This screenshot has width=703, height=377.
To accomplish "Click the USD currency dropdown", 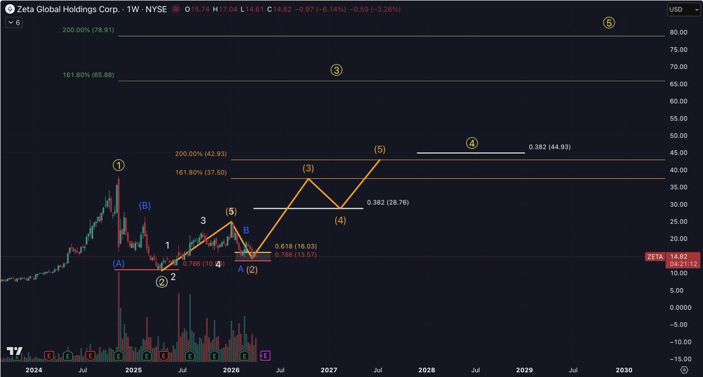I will click(x=683, y=9).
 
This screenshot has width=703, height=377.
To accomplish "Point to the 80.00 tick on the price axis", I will click(x=679, y=32).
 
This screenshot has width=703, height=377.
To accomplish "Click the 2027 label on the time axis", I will click(x=329, y=370).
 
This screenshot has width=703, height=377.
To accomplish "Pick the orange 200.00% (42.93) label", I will click(x=200, y=154).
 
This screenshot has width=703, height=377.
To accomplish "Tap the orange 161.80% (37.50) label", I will click(x=200, y=173).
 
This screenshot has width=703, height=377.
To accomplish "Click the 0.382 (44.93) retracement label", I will click(x=549, y=147).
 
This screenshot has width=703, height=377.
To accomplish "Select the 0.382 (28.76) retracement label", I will click(x=387, y=203).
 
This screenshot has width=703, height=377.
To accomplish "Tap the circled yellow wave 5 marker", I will click(x=609, y=23).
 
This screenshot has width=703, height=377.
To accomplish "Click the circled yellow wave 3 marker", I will click(x=336, y=70).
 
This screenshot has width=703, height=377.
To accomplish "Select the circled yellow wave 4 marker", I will click(x=472, y=143).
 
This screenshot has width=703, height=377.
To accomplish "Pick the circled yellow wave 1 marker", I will click(x=118, y=166).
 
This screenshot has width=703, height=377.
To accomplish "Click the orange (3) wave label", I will click(x=308, y=168).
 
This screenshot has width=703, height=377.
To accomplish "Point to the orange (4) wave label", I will click(x=340, y=221).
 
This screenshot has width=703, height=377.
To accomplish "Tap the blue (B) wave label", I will click(x=145, y=205).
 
